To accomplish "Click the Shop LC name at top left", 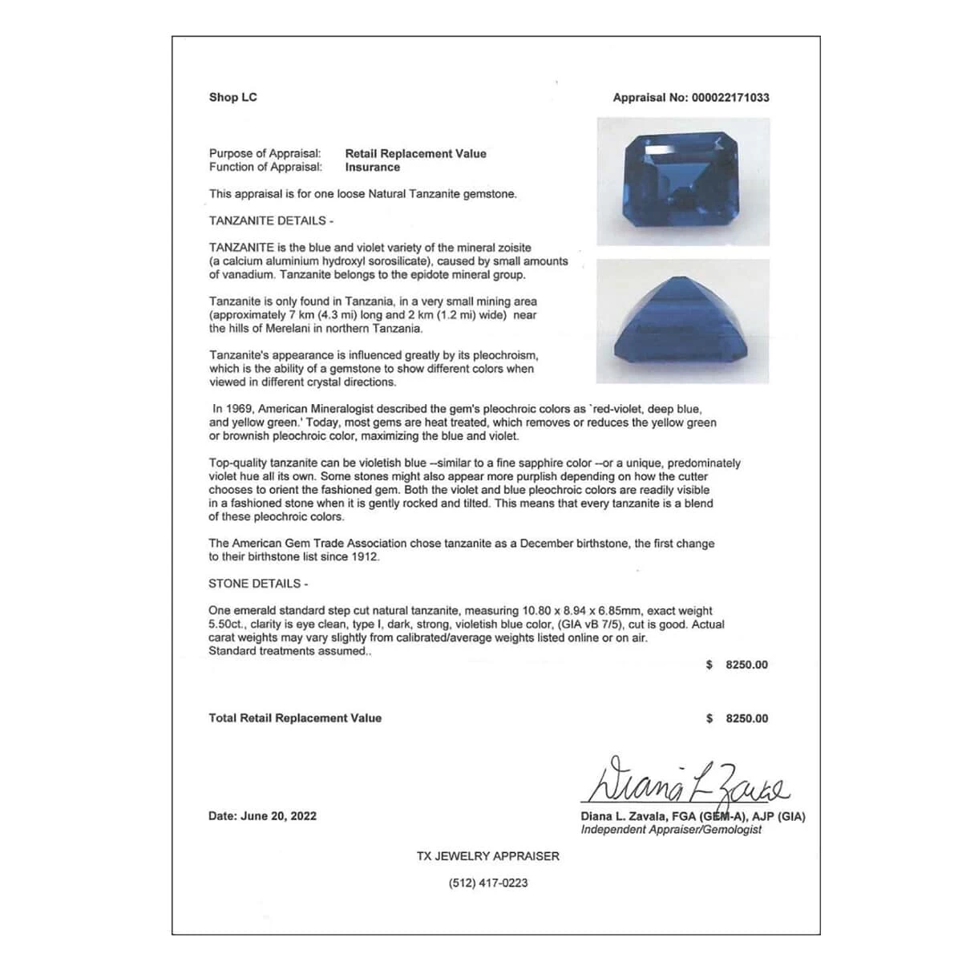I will [x=232, y=98].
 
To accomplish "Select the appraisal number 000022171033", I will [x=729, y=98].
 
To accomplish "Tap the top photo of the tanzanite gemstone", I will [x=683, y=181].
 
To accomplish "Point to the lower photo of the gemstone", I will [x=683, y=321].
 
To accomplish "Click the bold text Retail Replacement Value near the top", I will [x=415, y=154].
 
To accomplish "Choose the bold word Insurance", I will [x=372, y=168].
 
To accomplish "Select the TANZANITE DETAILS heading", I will [x=271, y=220].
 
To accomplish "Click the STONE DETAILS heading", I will [x=258, y=584].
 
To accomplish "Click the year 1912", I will [x=364, y=557].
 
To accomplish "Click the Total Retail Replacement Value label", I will [x=295, y=718].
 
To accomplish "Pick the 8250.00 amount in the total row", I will [x=746, y=719].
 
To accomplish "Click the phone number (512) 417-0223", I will [x=487, y=883].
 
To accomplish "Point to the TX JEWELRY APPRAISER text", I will [x=487, y=856].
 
